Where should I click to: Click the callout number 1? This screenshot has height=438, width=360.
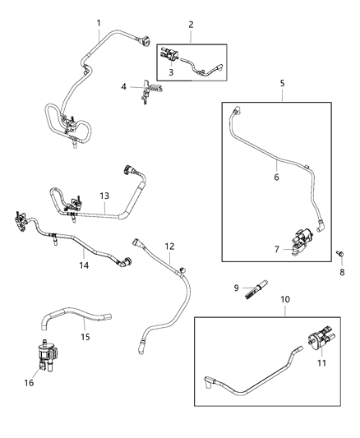tap(99, 22)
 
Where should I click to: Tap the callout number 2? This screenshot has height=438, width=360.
tap(191, 25)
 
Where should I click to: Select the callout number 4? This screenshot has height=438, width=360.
tap(123, 85)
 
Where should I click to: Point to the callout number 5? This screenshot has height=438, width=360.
tap(282, 83)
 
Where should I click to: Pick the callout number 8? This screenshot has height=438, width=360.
tap(343, 272)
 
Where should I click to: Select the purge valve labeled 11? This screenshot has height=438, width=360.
tap(316, 341)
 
